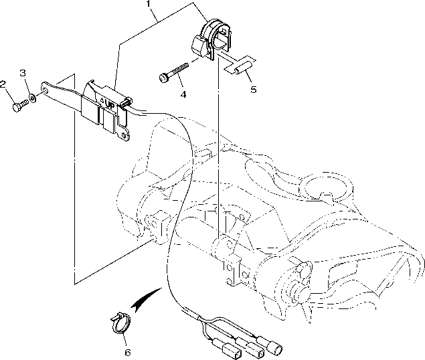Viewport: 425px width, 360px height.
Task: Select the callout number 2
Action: click(3, 84)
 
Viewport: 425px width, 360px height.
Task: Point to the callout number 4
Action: click(183, 94)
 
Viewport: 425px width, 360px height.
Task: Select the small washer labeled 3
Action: click(33, 100)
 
